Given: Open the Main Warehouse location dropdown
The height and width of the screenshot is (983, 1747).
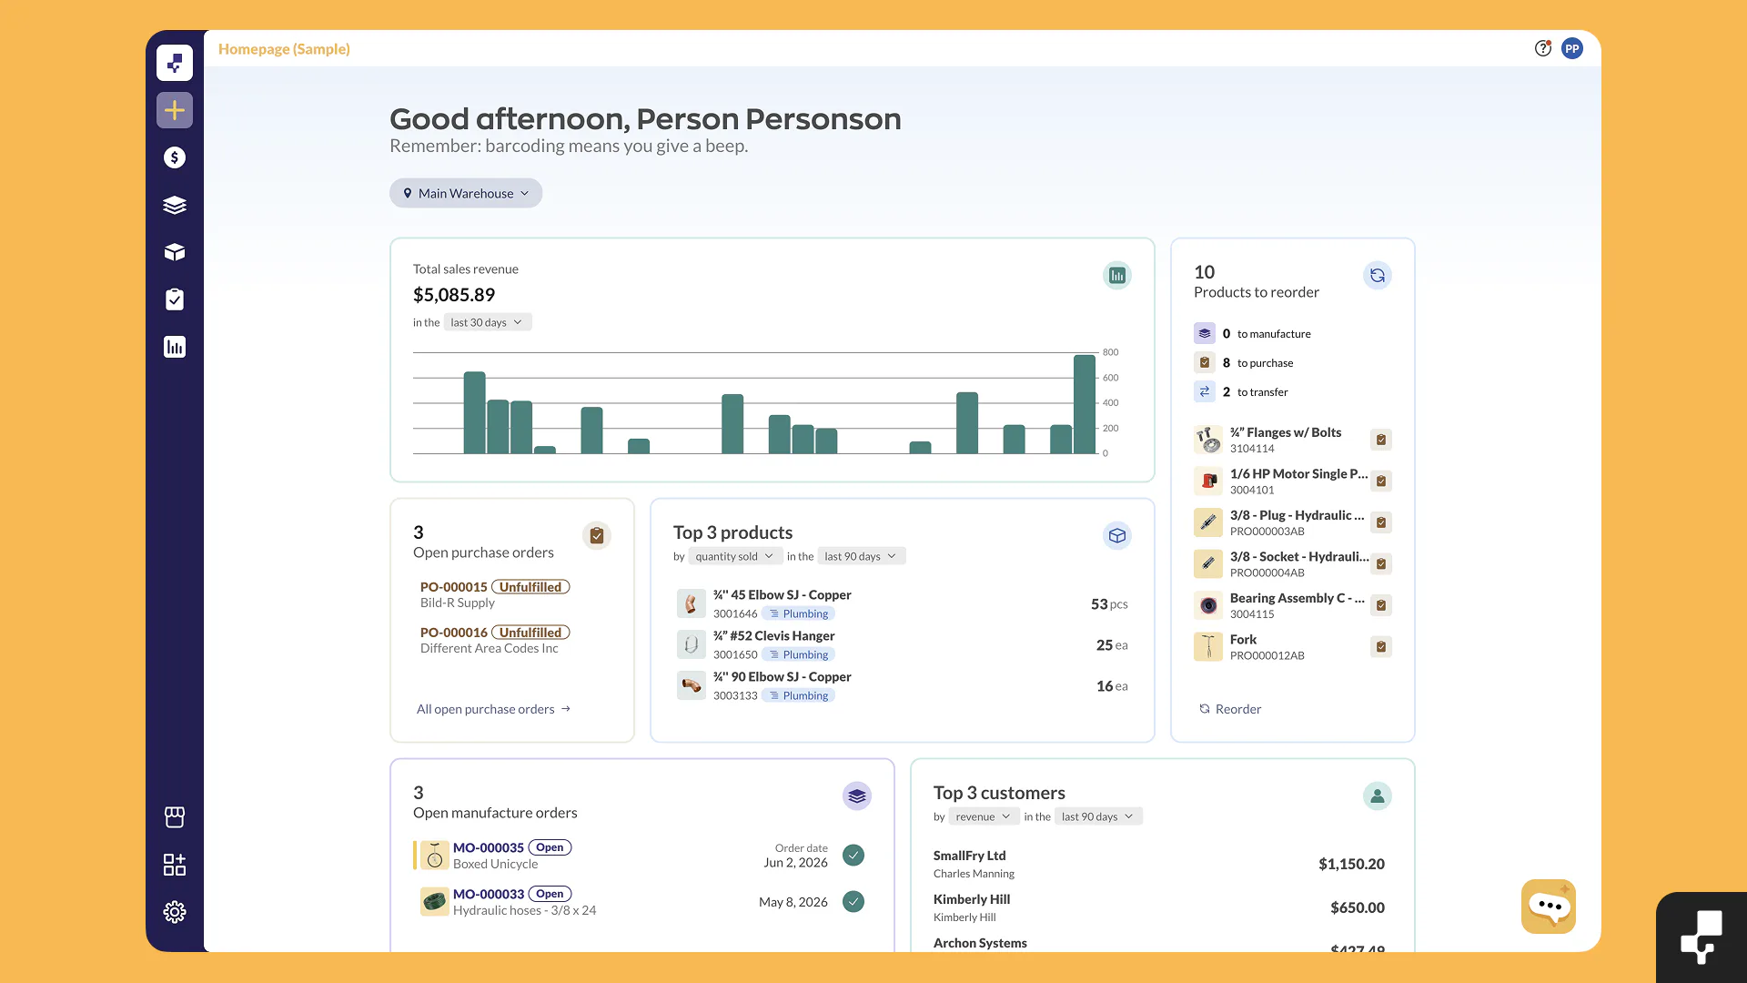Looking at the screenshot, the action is (466, 193).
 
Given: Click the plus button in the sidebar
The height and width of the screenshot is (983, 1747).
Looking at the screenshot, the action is (175, 110).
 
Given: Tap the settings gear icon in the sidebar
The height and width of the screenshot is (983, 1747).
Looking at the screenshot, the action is (175, 912).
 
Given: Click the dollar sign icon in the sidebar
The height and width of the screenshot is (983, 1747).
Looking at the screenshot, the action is (175, 157).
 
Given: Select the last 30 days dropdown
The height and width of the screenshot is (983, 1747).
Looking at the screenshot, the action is (487, 322).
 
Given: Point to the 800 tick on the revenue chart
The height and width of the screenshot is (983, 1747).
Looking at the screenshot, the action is (1111, 352).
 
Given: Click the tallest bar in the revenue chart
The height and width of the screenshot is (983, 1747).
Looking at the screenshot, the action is (1085, 404).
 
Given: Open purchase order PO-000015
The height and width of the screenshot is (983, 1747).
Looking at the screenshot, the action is (454, 587).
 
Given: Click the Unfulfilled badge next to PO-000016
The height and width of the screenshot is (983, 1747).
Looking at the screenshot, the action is (530, 633).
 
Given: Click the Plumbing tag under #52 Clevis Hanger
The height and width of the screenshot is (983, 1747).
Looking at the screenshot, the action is (798, 654).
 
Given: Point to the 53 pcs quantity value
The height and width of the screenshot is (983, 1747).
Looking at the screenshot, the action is (1109, 604).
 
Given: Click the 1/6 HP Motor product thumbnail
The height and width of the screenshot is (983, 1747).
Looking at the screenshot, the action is (1208, 481).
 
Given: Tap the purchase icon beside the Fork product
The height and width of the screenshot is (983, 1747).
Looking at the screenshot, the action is (1381, 647).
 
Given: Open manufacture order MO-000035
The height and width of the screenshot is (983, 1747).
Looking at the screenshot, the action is (489, 847).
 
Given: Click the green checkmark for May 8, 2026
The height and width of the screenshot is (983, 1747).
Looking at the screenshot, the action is (853, 902).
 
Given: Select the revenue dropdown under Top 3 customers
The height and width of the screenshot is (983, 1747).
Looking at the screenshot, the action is (983, 816).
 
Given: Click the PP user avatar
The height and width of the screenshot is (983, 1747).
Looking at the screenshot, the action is (1572, 49).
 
